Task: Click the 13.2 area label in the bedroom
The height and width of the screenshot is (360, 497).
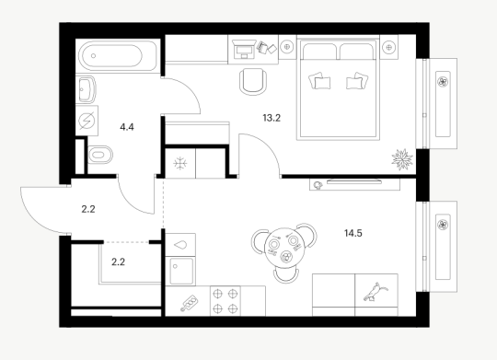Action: (x=272, y=118)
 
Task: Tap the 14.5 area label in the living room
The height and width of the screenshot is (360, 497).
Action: (x=353, y=233)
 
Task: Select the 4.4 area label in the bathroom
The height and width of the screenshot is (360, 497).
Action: (x=127, y=127)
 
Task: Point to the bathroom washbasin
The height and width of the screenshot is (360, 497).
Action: (x=86, y=88)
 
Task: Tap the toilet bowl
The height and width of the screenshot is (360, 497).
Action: (x=100, y=155)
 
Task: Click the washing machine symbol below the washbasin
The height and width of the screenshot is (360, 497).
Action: (x=87, y=121)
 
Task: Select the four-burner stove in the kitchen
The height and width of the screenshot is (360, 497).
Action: (x=225, y=301)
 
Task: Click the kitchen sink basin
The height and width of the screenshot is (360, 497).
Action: (x=181, y=271)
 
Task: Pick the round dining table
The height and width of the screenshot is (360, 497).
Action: (x=284, y=249)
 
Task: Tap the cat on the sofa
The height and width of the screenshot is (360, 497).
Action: (x=376, y=292)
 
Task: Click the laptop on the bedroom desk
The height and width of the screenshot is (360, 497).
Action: (x=244, y=49)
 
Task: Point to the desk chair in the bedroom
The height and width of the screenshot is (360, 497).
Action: (x=253, y=82)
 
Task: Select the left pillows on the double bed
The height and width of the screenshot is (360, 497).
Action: (x=319, y=81)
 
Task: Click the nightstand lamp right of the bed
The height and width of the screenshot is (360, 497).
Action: (x=389, y=47)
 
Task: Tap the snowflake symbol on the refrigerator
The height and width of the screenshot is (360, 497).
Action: (x=180, y=163)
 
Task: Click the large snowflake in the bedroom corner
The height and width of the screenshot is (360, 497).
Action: (x=402, y=159)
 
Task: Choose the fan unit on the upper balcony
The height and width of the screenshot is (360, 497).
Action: (x=443, y=82)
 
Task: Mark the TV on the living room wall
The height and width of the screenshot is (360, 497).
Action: (x=354, y=181)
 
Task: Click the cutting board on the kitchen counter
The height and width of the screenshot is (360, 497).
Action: (x=189, y=303)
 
